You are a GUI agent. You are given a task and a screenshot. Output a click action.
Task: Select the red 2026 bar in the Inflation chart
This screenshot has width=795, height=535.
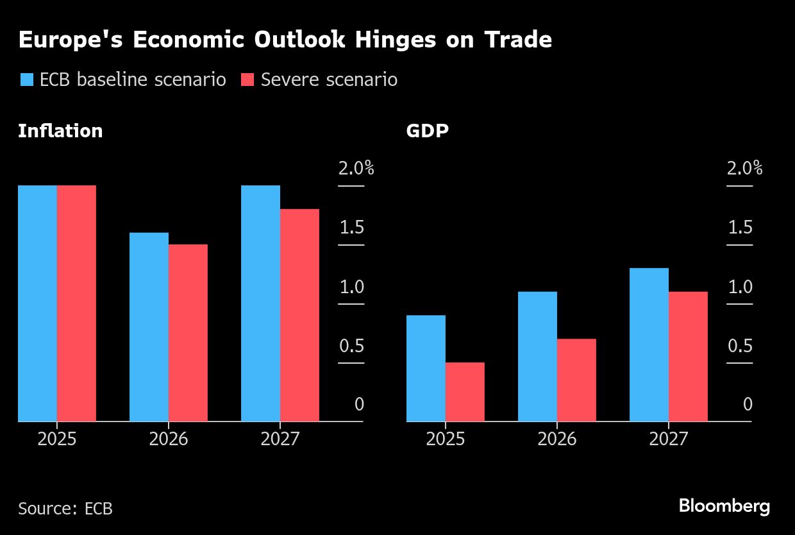[188, 333]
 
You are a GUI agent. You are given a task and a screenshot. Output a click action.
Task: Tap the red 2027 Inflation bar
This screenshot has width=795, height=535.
[299, 315]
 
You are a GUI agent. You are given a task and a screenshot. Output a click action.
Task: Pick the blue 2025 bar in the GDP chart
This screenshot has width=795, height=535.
[426, 368]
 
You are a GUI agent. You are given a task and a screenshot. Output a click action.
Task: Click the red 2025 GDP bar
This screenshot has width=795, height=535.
[465, 392]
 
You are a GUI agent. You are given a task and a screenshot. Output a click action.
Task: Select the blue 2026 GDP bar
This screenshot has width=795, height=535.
[537, 357]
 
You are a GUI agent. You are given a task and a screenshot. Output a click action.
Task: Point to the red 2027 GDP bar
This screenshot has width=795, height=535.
[688, 357]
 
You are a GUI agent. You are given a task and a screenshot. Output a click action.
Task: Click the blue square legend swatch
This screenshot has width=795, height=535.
[26, 80]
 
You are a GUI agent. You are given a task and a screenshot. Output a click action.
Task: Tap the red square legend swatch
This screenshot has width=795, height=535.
[247, 80]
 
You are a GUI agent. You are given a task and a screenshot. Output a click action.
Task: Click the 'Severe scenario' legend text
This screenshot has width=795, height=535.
[329, 80]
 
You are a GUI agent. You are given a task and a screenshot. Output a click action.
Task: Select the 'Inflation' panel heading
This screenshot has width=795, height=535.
[60, 131]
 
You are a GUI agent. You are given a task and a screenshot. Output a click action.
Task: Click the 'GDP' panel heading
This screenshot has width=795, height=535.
[427, 131]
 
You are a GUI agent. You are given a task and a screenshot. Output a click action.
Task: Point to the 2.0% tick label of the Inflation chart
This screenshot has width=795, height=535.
[356, 169]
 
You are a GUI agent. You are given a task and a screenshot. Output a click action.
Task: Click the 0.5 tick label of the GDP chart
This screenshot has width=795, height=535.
[740, 346]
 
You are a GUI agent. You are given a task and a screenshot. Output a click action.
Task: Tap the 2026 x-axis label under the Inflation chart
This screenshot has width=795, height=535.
[169, 439]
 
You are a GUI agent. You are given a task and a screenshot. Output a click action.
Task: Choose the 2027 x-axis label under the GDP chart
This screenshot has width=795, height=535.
[668, 439]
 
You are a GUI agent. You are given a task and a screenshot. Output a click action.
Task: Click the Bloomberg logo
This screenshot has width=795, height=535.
[724, 506]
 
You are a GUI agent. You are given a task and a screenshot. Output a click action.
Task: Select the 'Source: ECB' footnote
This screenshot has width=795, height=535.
[65, 509]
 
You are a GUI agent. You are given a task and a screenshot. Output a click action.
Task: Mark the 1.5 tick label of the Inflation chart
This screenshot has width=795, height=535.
[351, 228]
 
